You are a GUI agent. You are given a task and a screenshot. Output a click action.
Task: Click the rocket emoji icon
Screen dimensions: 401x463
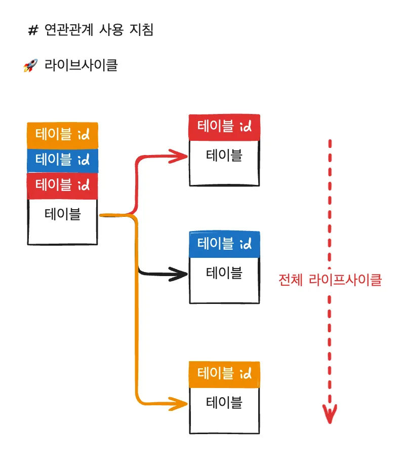pyautogui.click(x=31, y=65)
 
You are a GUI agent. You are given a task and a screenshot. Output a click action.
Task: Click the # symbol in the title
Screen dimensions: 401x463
pyautogui.click(x=33, y=30)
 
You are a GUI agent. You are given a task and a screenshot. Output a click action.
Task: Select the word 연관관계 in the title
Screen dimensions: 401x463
pyautogui.click(x=69, y=30)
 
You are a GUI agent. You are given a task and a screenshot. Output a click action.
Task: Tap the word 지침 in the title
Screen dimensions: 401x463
pyautogui.click(x=142, y=30)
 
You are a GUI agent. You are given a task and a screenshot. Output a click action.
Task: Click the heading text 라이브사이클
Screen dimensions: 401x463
pyautogui.click(x=81, y=65)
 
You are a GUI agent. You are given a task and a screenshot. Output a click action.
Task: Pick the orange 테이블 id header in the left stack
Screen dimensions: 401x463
pyautogui.click(x=62, y=135)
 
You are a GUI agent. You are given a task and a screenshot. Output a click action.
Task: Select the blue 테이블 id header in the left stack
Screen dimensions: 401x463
pyautogui.click(x=62, y=161)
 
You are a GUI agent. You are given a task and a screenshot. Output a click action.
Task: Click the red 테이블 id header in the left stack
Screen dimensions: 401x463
pyautogui.click(x=62, y=186)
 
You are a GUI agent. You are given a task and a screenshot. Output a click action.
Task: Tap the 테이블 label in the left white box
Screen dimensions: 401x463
pyautogui.click(x=63, y=214)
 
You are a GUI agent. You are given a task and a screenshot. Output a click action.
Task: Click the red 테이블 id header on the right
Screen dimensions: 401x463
pyautogui.click(x=224, y=127)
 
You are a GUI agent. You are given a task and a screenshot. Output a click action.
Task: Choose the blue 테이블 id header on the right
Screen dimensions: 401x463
pyautogui.click(x=224, y=244)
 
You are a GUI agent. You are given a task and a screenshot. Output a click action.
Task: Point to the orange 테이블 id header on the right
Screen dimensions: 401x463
pyautogui.click(x=224, y=374)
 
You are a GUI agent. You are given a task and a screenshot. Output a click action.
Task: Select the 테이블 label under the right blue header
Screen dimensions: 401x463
pyautogui.click(x=224, y=273)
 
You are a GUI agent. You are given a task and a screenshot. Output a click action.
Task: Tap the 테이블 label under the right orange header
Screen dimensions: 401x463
pyautogui.click(x=224, y=402)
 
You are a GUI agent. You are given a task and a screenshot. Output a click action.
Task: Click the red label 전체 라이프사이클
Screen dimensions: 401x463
pyautogui.click(x=330, y=280)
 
